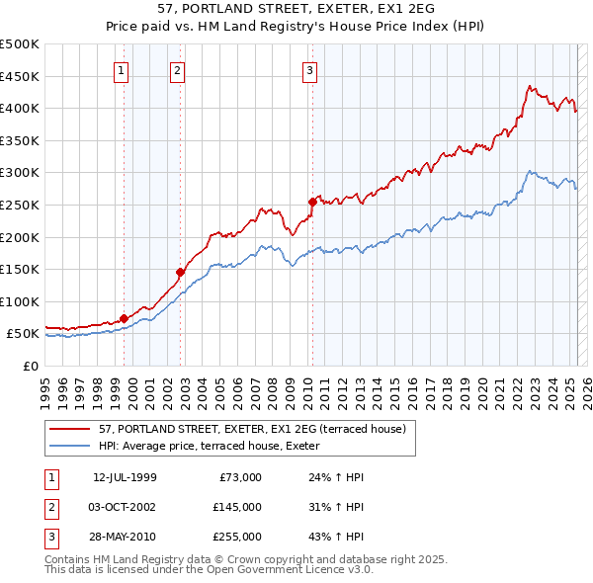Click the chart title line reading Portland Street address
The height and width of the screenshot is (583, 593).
pos(296,9)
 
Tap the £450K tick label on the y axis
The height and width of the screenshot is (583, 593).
pos(19,76)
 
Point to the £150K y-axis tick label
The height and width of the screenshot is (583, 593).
pos(19,269)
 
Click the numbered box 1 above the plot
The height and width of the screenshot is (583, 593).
pos(121,70)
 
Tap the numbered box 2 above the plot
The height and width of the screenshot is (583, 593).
pos(176,70)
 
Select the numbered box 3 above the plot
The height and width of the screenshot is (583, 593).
pos(309,70)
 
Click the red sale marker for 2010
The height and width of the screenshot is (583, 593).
pos(312,202)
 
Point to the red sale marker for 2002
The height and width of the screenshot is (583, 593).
pos(181,272)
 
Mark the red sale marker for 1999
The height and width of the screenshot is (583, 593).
pos(124,318)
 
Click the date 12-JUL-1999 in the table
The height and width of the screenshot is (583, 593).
pos(125,478)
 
